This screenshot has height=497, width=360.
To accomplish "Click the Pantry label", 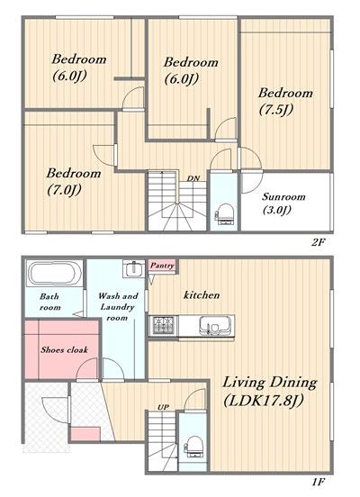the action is [162, 266].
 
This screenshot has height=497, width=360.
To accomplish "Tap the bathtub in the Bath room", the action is [53, 274].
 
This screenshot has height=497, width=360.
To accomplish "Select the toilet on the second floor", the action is [225, 214].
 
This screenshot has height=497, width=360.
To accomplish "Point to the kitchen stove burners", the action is [164, 325].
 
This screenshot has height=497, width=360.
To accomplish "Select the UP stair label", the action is [164, 407].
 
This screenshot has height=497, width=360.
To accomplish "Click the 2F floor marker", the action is [318, 243].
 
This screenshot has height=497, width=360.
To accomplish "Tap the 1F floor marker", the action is [318, 483].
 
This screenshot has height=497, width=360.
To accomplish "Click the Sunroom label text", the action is [283, 197].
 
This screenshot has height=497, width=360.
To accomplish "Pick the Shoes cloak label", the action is [64, 349].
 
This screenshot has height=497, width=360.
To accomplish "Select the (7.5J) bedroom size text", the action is [276, 111].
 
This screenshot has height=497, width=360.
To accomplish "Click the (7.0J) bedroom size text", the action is [64, 190].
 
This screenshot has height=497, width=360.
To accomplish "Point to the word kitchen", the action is [202, 295].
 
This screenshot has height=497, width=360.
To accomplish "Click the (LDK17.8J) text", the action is [264, 401].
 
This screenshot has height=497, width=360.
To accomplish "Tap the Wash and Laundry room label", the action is [118, 306].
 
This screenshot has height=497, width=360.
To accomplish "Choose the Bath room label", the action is [49, 302].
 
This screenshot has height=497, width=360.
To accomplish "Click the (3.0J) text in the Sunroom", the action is [277, 210].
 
